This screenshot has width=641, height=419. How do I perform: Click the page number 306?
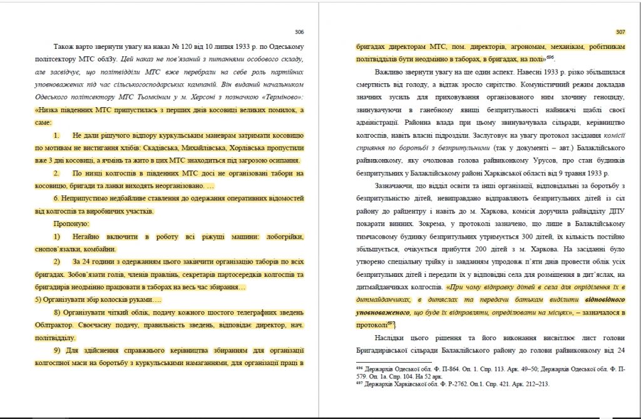coord(299,31)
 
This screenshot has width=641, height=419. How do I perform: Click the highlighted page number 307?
coord(620,31)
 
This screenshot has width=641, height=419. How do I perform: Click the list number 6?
coord(56,198)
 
